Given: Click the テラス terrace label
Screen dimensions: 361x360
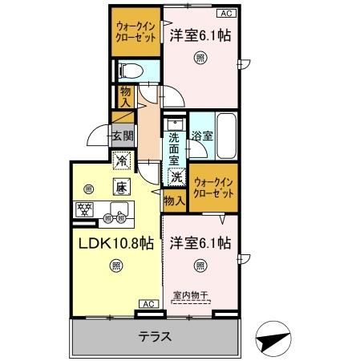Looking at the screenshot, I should (155, 336).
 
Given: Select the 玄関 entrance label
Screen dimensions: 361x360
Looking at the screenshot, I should (123, 137).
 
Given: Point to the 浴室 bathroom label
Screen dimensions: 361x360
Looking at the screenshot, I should (202, 136).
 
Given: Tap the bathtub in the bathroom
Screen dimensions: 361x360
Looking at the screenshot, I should (228, 136).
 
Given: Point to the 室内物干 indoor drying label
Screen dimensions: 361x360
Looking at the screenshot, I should (190, 295).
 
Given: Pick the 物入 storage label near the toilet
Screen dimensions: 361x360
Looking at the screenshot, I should (126, 97).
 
